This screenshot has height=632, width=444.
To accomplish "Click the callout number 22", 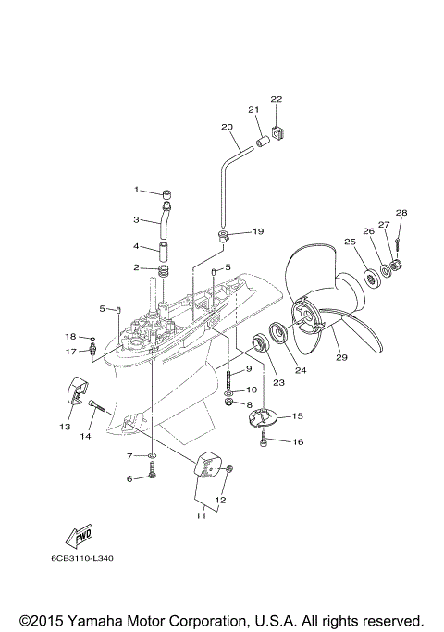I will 276,99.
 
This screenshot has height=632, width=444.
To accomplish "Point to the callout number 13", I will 65,428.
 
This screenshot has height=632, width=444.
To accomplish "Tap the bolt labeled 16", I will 265,441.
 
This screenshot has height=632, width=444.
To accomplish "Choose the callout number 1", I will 135,190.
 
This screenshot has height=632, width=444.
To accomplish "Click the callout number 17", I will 70,352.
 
